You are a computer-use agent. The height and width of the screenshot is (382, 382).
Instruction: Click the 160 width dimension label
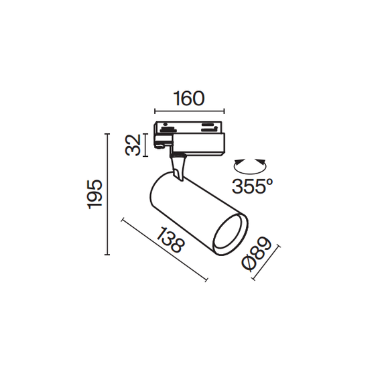pyautogui.click(x=189, y=99)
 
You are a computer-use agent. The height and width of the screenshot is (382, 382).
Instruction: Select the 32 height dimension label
pyautogui.click(x=135, y=145)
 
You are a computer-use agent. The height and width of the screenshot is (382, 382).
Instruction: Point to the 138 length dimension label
pyautogui.click(x=170, y=241)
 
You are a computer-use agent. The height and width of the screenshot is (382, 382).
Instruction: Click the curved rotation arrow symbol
pyautogui.click(x=249, y=164)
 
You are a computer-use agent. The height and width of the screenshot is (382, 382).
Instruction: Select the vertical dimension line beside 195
pyautogui.click(x=107, y=194)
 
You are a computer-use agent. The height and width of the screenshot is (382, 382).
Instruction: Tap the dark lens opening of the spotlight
pyautogui.click(x=228, y=233)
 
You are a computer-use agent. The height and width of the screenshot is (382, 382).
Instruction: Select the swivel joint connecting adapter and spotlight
pyautogui.click(x=178, y=166)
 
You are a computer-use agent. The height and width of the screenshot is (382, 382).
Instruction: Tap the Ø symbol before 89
pyautogui.click(x=250, y=263)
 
